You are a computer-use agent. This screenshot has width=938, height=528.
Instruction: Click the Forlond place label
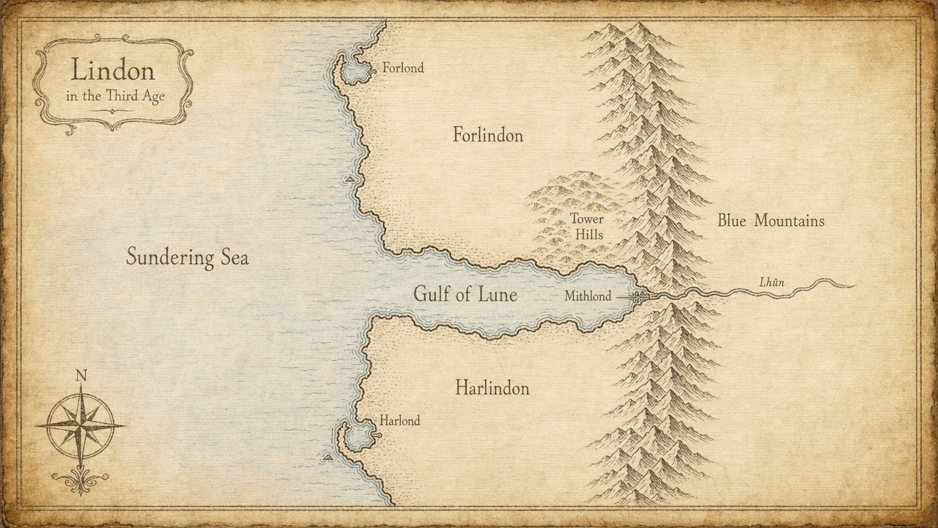403,68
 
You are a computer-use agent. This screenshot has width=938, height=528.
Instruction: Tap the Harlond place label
399,421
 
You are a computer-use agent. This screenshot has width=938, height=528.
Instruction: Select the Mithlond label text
588,297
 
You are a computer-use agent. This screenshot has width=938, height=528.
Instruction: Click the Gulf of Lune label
465,295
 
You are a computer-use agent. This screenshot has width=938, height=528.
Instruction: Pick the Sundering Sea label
187,257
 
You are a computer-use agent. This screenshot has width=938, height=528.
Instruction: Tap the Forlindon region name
487,135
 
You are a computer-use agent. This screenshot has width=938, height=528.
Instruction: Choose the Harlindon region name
492,387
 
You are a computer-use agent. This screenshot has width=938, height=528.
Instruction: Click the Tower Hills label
587,227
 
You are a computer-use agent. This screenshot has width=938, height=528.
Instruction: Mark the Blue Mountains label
770,221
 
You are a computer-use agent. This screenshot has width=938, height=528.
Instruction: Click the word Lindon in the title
113,70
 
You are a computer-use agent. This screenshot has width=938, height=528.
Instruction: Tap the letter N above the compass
81,376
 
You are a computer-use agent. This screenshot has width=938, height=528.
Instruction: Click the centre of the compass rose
81,426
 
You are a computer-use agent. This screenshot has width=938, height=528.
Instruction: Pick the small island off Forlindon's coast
350,179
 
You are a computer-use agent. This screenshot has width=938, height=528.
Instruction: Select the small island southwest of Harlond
328,458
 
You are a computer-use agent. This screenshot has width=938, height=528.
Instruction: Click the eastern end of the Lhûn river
852,285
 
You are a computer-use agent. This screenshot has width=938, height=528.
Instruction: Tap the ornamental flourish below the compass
80,480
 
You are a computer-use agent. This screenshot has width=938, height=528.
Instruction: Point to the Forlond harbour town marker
374,70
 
